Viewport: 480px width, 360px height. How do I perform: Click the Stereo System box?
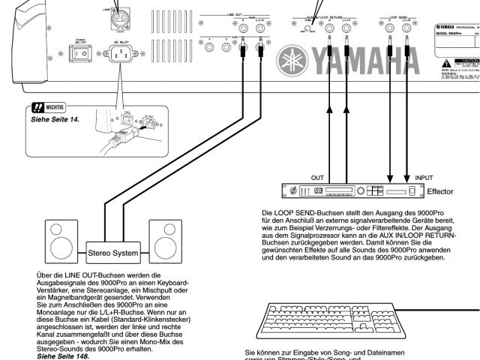point(113,253)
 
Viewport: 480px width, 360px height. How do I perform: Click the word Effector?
point(440,192)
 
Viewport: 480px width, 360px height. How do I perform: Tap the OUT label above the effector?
point(316,178)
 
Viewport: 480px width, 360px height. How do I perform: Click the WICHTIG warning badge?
point(49,108)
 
